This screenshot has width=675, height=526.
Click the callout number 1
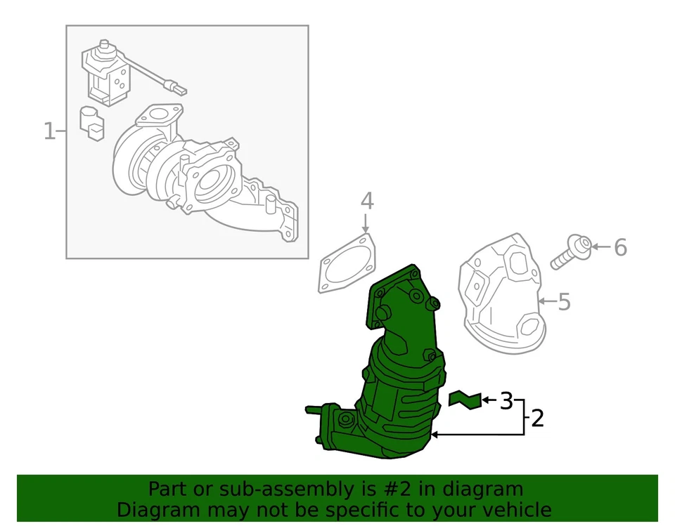[49, 131]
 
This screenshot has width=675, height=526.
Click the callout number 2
[537, 419]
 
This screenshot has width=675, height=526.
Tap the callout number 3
[506, 401]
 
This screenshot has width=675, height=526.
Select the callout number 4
[367, 202]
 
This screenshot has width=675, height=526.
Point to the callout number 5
[564, 303]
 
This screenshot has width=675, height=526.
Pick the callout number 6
[619, 247]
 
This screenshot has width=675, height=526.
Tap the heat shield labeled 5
[502, 295]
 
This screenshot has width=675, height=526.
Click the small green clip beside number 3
[465, 399]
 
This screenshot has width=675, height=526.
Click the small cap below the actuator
[91, 122]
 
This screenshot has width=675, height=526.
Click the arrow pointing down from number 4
[366, 224]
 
